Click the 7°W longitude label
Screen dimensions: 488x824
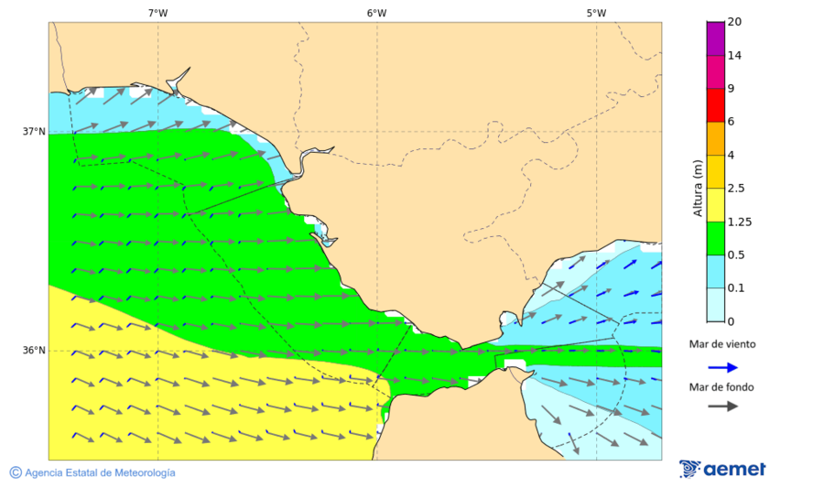click(x=157, y=13)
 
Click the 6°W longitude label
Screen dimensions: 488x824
click(x=376, y=13)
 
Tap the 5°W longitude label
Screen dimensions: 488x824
click(x=596, y=13)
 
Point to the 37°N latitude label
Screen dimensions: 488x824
click(x=34, y=131)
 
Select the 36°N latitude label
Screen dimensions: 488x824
click(x=34, y=351)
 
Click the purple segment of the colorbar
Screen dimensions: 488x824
click(x=715, y=38)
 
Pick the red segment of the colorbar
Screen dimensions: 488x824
click(x=715, y=104)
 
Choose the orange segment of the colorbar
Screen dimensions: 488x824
click(x=715, y=138)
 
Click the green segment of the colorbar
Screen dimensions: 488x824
click(x=715, y=238)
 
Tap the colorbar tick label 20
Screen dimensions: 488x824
click(x=733, y=22)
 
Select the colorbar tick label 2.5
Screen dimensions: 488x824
click(x=735, y=189)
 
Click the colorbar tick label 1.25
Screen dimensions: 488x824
click(x=738, y=222)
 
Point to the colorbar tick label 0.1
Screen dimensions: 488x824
click(x=735, y=288)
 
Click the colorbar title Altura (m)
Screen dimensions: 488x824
click(x=698, y=189)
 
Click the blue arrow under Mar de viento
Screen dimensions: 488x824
click(x=722, y=367)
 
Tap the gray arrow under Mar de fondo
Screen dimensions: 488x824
click(x=722, y=406)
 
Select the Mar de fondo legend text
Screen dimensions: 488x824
click(x=722, y=387)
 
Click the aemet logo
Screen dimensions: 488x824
click(x=722, y=469)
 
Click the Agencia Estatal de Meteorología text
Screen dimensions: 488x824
click(x=100, y=472)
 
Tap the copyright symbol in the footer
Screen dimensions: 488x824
click(x=16, y=472)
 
